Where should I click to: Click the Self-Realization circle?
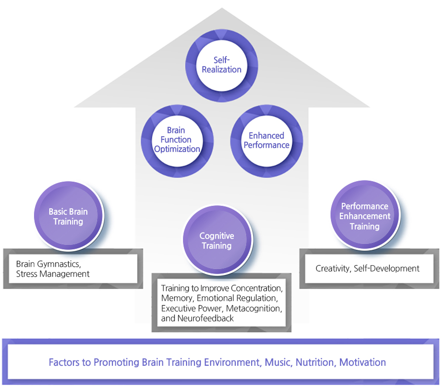point(222,65)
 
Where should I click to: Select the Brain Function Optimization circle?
point(177,140)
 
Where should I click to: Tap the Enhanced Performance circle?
point(266,140)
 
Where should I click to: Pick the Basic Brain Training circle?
point(68,217)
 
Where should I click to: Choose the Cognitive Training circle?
point(217,241)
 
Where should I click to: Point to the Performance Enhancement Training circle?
point(365,216)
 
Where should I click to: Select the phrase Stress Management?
point(53,273)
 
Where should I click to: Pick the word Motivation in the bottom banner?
point(363,362)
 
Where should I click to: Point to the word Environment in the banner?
point(231,362)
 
